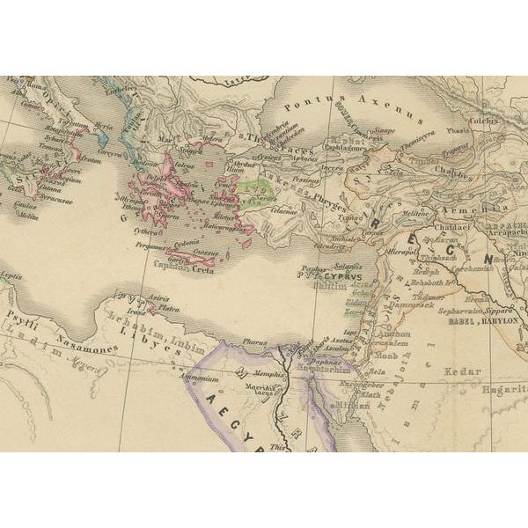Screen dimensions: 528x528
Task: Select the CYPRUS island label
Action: tap(324, 274)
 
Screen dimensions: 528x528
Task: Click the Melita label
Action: tap(30, 214)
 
